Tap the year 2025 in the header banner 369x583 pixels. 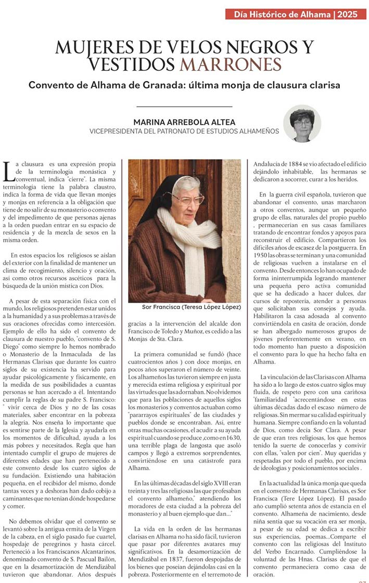point(347,15)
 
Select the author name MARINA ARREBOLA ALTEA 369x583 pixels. point(184,122)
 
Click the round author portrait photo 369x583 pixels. point(302,124)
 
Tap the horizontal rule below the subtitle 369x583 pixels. point(184,106)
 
